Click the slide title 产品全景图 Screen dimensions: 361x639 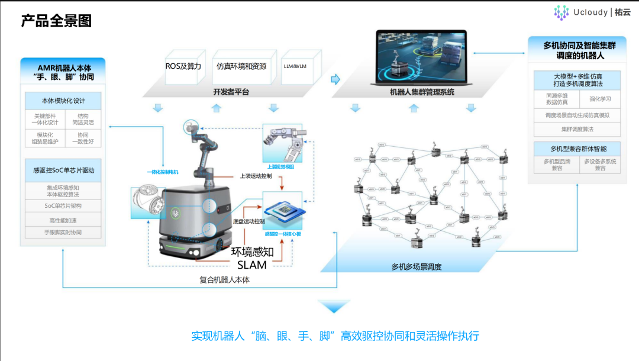point(56,21)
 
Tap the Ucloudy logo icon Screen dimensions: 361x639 point(561,12)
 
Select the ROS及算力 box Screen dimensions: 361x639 point(183,66)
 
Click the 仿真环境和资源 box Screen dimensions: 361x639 point(241,66)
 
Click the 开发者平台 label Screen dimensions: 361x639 point(231,92)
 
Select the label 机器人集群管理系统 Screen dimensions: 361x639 point(422,92)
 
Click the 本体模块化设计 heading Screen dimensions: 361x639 point(63,101)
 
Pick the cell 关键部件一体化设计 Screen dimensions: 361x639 point(45,120)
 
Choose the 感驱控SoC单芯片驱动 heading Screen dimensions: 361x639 point(63,170)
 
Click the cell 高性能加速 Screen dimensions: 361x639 point(63,220)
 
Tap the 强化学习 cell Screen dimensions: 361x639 point(600,98)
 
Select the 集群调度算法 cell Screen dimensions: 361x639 point(577,129)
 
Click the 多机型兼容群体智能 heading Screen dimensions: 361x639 point(577,149)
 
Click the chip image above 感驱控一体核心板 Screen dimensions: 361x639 point(282,212)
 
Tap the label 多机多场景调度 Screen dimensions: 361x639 point(417,267)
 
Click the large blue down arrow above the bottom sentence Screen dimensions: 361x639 point(334,306)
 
